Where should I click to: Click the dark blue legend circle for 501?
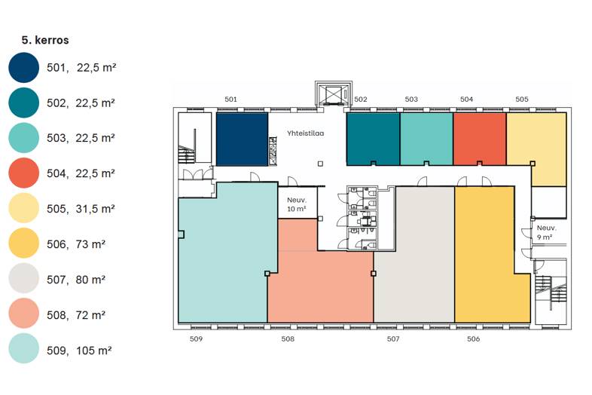[x=24, y=68]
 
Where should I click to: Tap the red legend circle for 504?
[x=24, y=173]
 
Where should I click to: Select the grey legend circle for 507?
[x=24, y=279]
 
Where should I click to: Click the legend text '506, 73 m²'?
[x=76, y=244]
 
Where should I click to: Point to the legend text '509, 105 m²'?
[x=79, y=351]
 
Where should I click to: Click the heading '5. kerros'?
[x=45, y=40]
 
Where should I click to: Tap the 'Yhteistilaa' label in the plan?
[x=306, y=133]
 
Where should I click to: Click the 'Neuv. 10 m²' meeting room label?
[x=297, y=204]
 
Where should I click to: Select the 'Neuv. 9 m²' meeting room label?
[x=546, y=232]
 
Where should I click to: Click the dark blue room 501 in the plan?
[x=242, y=139]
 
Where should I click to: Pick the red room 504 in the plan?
[x=480, y=139]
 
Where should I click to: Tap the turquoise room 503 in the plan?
[x=426, y=139]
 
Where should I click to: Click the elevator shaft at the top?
[x=334, y=93]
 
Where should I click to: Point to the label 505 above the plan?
[x=522, y=99]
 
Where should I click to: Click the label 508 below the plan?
[x=288, y=338]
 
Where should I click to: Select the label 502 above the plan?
[x=361, y=99]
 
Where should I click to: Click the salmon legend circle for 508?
[x=24, y=314]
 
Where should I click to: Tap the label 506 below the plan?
[x=474, y=338]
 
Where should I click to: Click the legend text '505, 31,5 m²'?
[x=81, y=209]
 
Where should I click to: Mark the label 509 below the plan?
[x=196, y=338]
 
